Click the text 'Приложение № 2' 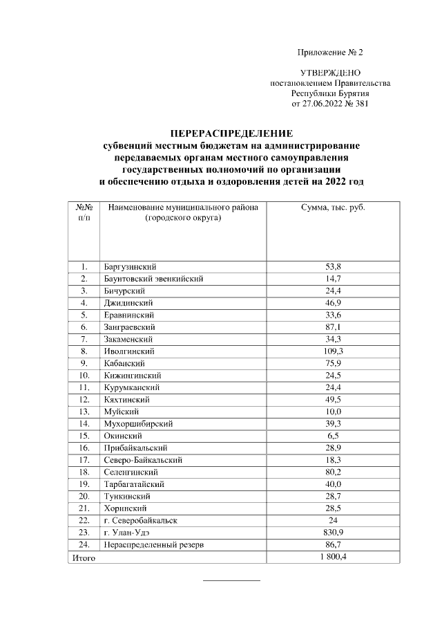tap(329, 53)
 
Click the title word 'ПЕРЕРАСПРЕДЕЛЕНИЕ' tap(231, 133)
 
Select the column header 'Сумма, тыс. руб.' tap(333, 208)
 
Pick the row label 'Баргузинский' tap(130, 266)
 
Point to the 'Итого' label tap(83, 558)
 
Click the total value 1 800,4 tap(333, 557)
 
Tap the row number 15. tap(84, 436)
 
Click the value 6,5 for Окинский tap(333, 436)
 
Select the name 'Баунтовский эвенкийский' tap(153, 279)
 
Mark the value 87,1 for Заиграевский tap(333, 327)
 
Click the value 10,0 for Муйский tap(333, 412)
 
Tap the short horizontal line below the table tap(231, 580)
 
